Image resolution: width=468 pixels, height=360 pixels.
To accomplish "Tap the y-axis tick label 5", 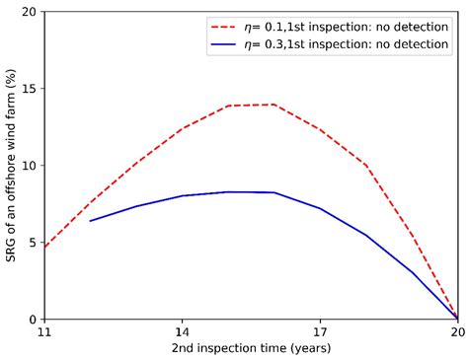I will point(33,243).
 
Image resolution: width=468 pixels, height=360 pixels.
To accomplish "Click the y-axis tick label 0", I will point(33,320).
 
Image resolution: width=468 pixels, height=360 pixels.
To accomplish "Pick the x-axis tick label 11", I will point(44,333).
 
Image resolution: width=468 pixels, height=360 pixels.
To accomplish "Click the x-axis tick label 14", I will point(182,333).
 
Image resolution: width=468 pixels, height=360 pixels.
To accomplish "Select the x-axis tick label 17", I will point(320,333).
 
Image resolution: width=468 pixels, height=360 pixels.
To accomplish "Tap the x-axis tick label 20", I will point(457,333).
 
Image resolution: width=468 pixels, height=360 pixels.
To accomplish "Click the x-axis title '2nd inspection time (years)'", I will point(251,349).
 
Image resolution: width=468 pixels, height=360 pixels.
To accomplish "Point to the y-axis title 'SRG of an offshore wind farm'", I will point(11,166).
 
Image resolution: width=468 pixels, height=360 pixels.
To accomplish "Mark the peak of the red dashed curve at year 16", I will point(273,105).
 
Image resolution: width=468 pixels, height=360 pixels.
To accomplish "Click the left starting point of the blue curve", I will point(90,221).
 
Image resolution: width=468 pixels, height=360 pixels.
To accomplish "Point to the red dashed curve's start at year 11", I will point(44,247).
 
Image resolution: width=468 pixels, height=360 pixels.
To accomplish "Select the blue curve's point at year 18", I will point(365,235).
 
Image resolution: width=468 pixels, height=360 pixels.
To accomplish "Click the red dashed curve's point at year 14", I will point(182,129).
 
